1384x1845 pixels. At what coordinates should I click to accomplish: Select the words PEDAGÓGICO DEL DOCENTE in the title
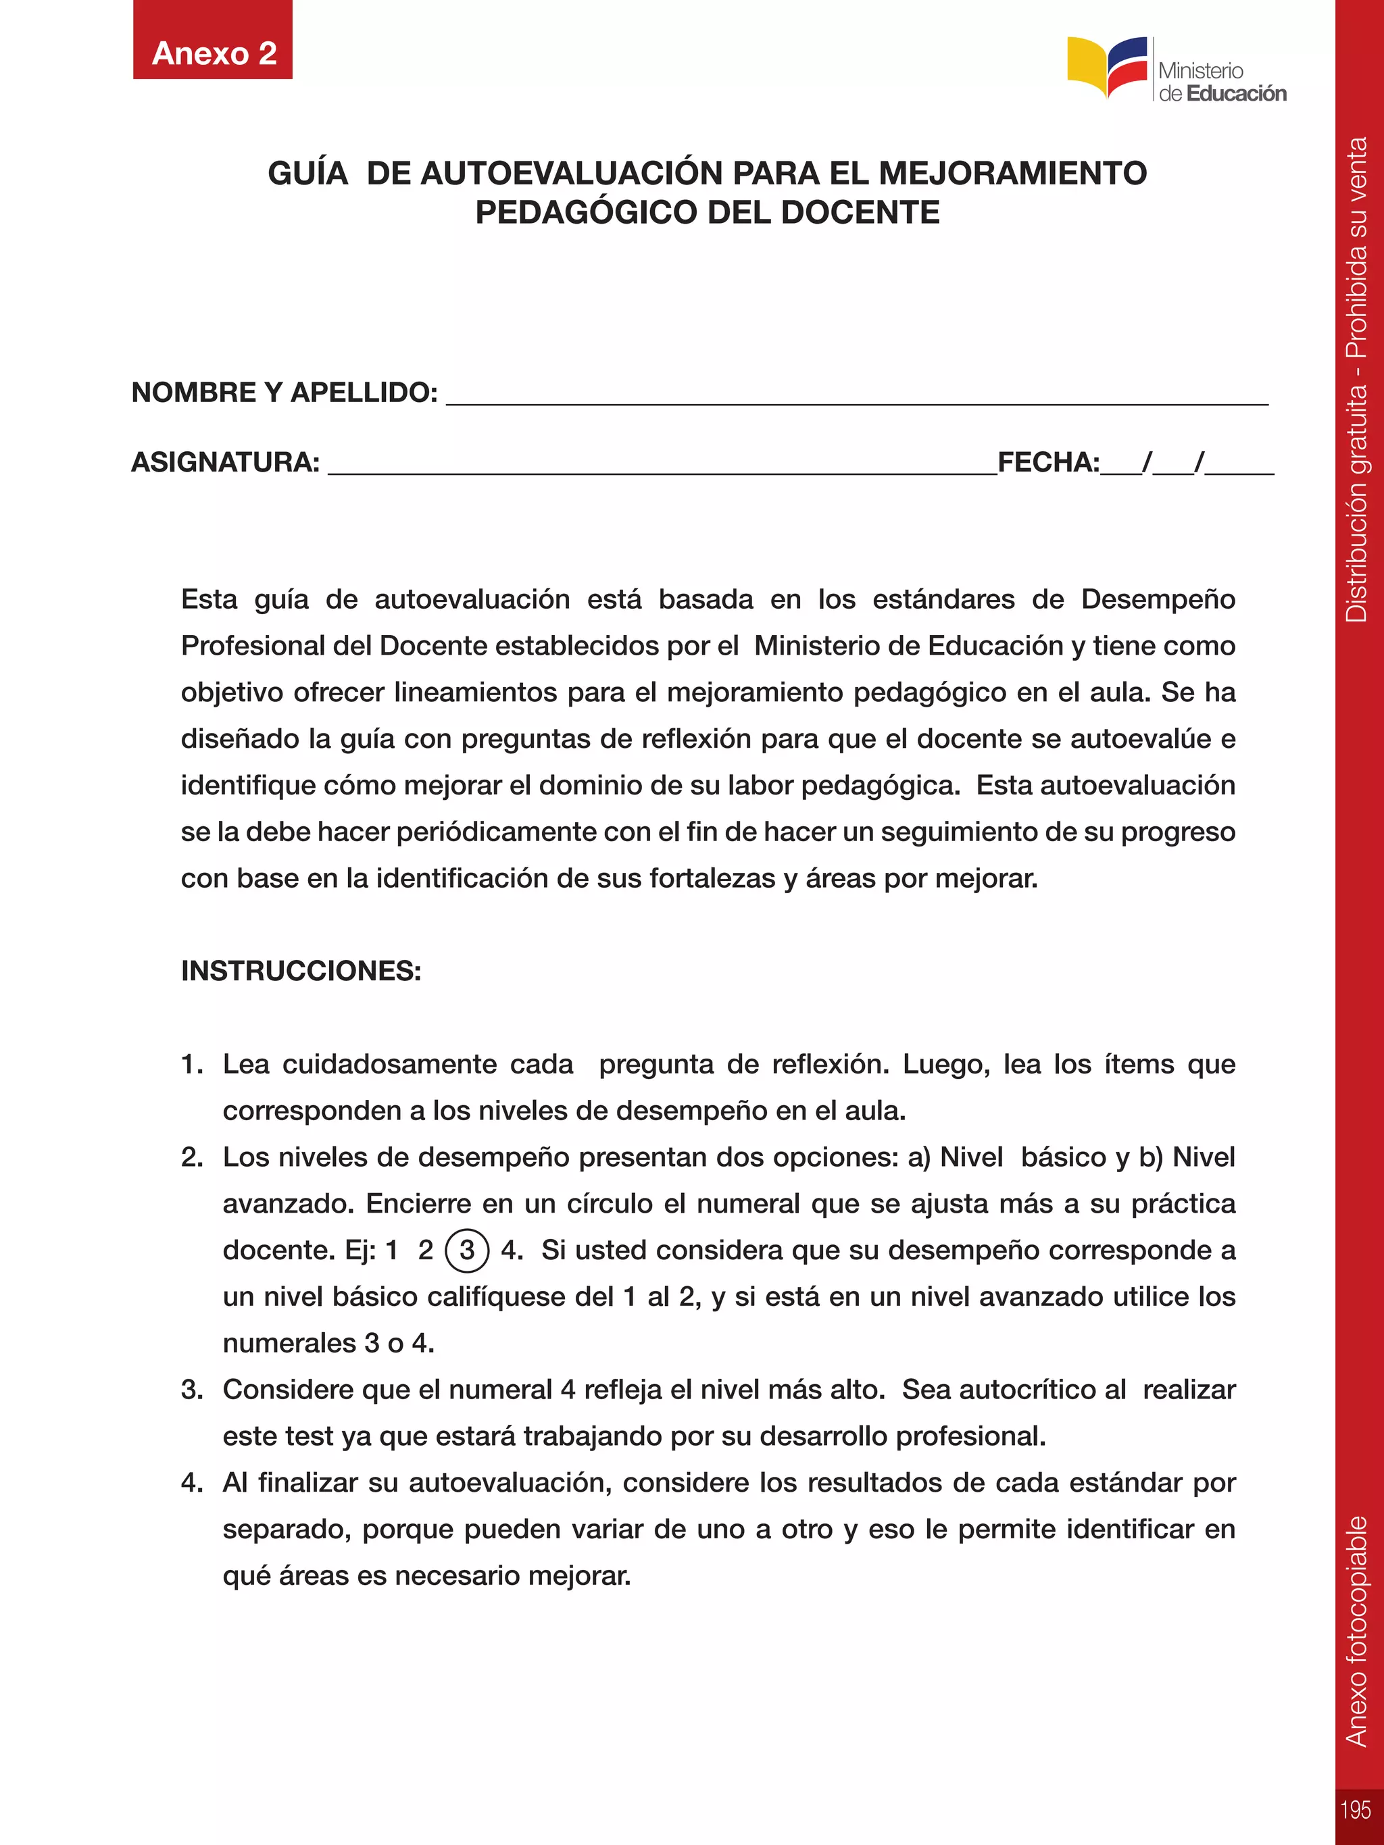tap(708, 213)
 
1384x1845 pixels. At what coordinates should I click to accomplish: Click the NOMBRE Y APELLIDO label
tap(285, 392)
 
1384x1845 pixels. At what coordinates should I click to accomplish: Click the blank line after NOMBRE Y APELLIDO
tap(857, 396)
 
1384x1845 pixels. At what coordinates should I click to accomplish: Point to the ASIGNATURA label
tap(225, 462)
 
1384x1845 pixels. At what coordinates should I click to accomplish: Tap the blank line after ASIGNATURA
tap(662, 465)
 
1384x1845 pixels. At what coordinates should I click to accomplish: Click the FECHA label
tap(1048, 462)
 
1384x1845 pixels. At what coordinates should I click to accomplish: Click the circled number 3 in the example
tap(467, 1250)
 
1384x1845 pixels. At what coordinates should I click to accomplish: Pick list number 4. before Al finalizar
tap(192, 1483)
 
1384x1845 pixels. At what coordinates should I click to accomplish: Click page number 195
tap(1356, 1810)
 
